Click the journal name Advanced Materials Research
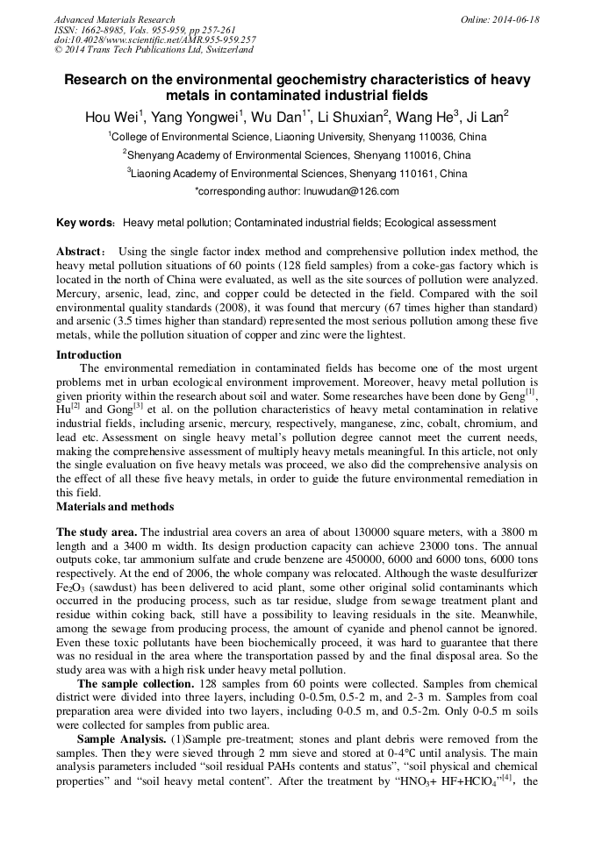pos(114,19)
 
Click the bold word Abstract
pos(81,252)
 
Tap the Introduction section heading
pos(89,355)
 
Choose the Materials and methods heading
pos(115,506)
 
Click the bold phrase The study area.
pos(96,532)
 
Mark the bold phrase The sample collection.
pos(135,683)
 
